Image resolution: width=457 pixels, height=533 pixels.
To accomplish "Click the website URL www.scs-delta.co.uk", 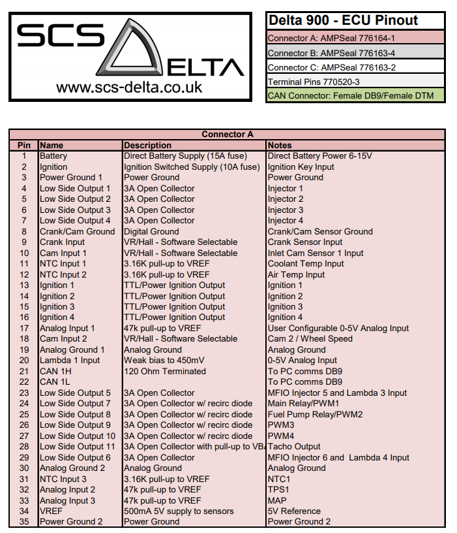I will coord(129,87).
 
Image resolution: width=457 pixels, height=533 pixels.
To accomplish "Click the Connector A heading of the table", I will coord(227,135).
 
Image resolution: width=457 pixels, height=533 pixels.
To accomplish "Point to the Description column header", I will coord(148,145).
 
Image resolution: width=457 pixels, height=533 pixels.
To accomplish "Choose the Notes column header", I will coord(280,145).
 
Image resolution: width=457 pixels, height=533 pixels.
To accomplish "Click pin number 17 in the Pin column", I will coord(24,329).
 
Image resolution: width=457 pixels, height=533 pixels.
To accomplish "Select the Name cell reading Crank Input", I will coord(62,242).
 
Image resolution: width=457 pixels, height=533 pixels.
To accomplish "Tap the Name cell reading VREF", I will coord(52,511).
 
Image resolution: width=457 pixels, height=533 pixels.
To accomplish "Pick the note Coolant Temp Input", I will coord(305,264).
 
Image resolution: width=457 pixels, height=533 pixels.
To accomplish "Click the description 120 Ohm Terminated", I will coord(165,372).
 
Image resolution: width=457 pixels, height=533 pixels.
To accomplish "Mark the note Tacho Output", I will coord(294,447).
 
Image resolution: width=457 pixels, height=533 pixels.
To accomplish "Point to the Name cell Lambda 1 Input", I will coord(70,361).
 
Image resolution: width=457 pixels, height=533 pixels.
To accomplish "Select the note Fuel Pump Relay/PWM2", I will coord(315,415).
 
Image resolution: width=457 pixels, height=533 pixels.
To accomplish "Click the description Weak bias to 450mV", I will coord(164,361).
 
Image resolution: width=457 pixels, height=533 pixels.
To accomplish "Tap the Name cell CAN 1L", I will coord(55,382).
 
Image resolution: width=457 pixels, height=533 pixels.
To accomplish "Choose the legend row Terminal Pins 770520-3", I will coord(313,82).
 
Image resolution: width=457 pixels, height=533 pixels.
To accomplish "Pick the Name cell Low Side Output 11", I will coord(78,447).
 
